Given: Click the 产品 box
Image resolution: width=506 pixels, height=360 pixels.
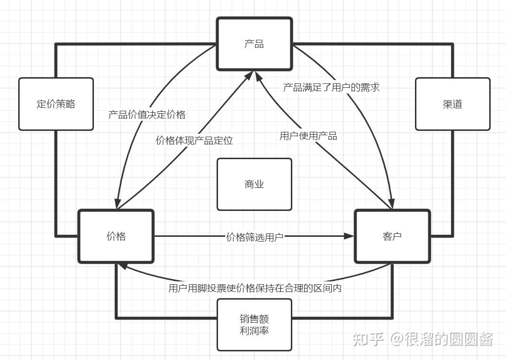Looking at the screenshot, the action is point(254,44).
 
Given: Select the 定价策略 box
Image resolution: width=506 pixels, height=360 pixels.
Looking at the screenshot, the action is point(56,104).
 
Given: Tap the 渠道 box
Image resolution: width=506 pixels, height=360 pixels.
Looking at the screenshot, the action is point(452,104).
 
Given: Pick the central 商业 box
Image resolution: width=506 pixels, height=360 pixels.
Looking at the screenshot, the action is point(254,185).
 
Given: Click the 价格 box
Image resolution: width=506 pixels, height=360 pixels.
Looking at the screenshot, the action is point(116,236).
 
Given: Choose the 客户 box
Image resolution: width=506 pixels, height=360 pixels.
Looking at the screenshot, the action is point(392,236).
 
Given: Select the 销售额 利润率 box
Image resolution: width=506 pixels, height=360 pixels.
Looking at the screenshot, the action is point(254,325).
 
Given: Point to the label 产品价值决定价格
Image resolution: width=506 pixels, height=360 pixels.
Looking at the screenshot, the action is point(147,115).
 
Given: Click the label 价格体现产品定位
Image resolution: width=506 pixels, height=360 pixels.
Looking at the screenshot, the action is point(194,140).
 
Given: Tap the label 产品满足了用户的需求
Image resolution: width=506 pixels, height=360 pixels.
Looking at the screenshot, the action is point(332,88).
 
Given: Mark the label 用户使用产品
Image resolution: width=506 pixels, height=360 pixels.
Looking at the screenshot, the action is point(309,136).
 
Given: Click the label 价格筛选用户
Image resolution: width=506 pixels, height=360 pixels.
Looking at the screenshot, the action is point(254,237).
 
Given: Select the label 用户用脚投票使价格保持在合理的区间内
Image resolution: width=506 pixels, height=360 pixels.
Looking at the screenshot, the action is point(255,288).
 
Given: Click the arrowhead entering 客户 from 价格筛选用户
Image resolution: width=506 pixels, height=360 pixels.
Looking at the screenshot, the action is point(349,236).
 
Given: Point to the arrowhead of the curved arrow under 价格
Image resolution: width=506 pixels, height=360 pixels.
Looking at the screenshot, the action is point(122,266).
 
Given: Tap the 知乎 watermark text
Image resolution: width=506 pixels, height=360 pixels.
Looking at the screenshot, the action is point(368,339).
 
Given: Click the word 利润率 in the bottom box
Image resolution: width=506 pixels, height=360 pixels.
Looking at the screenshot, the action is point(254,331).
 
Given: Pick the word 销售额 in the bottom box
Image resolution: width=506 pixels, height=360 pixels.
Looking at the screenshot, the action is point(254,319).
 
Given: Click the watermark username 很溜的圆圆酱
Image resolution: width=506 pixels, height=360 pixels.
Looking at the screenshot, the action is point(449,339).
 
